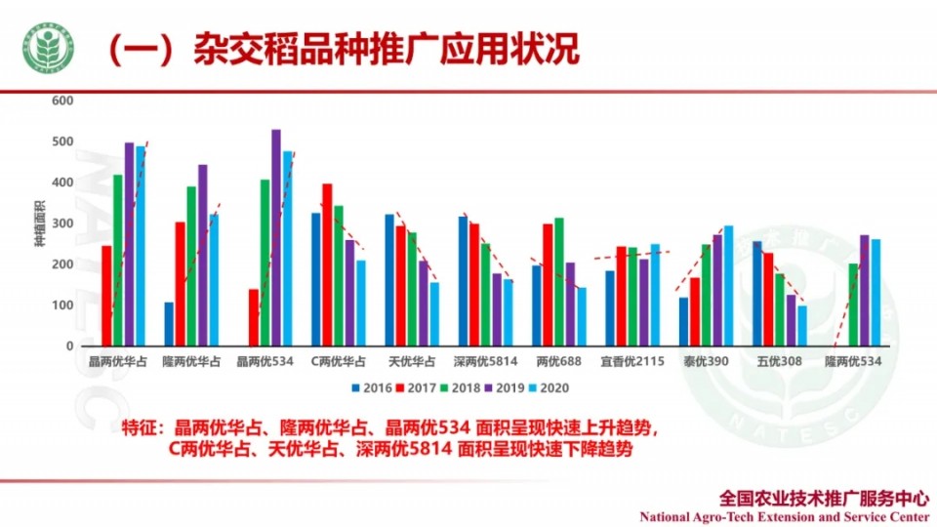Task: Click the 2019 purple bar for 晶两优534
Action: pyautogui.click(x=276, y=238)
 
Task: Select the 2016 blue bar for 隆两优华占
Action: pyautogui.click(x=169, y=324)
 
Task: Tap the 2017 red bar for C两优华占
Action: pyautogui.click(x=327, y=264)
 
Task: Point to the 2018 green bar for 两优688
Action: pyautogui.click(x=559, y=282)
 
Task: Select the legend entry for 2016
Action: pyautogui.click(x=371, y=387)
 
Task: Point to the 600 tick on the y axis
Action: pyautogui.click(x=62, y=101)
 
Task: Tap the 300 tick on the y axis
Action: pyautogui.click(x=62, y=223)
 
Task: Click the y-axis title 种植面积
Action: pyautogui.click(x=41, y=224)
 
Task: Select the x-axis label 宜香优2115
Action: pyautogui.click(x=632, y=362)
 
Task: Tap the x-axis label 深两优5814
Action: pyautogui.click(x=485, y=362)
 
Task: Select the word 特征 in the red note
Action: pyautogui.click(x=139, y=428)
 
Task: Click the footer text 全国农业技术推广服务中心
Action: pyautogui.click(x=822, y=497)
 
